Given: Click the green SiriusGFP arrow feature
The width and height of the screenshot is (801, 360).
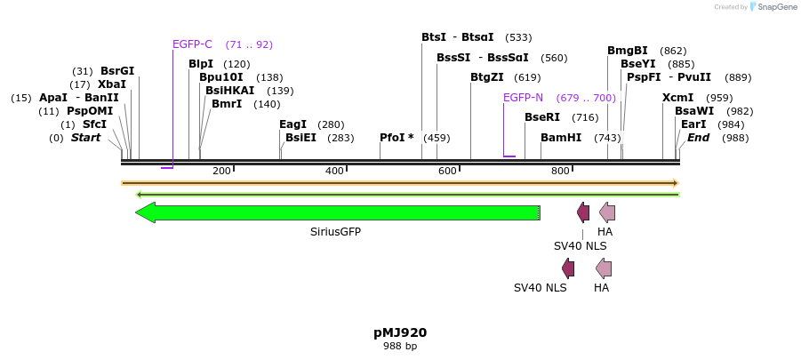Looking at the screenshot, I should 338,212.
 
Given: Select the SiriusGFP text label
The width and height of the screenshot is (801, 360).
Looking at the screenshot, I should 335,232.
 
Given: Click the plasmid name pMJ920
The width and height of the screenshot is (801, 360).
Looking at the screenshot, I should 400,332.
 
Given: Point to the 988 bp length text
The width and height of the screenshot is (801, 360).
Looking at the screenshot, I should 400,346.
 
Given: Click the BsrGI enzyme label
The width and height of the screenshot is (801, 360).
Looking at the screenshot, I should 117,71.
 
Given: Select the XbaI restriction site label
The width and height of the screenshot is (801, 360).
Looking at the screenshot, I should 112,84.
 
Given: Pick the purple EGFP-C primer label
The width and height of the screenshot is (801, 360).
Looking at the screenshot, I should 192,44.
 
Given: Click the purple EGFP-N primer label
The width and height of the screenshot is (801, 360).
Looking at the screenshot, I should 523,98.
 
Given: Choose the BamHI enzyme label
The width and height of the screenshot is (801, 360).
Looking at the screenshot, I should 561,138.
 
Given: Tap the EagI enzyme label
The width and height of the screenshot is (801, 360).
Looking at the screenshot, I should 292,124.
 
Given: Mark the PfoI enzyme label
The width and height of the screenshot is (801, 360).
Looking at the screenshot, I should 396,138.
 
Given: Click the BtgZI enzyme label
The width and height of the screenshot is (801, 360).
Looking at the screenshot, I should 487,77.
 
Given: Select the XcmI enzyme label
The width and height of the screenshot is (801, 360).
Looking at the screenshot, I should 677,98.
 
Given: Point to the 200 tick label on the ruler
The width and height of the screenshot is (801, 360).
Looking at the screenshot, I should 221,171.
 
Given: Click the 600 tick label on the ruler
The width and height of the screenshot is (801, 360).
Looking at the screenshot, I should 447,171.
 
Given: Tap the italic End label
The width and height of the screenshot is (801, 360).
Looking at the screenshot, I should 699,138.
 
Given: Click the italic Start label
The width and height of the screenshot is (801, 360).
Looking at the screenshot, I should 86,138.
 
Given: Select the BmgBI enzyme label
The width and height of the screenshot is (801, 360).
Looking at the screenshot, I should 628,51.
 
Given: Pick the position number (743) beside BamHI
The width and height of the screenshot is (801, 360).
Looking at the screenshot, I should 607,138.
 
